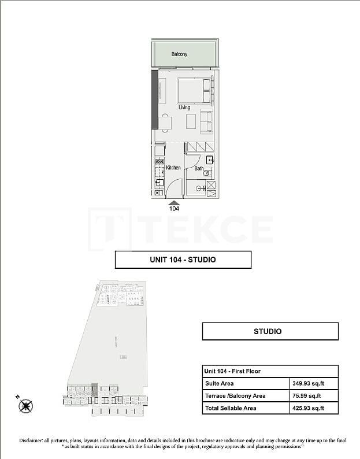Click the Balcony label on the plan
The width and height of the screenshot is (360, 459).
pos(179,54)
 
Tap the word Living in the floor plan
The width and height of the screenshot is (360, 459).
pos(184,108)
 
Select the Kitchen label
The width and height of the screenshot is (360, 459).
pos(173,168)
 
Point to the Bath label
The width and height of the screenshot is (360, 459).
pos(199,169)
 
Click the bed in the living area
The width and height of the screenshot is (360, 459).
pos(194,91)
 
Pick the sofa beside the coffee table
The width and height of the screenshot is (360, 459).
pos(206,120)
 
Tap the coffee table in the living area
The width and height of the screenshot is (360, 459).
pos(191,121)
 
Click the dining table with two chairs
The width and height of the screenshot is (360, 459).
pos(165,123)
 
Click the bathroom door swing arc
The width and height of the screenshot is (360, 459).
pos(193,161)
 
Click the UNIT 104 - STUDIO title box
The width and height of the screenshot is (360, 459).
pos(183,260)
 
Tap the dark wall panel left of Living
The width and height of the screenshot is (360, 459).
pos(154,99)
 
